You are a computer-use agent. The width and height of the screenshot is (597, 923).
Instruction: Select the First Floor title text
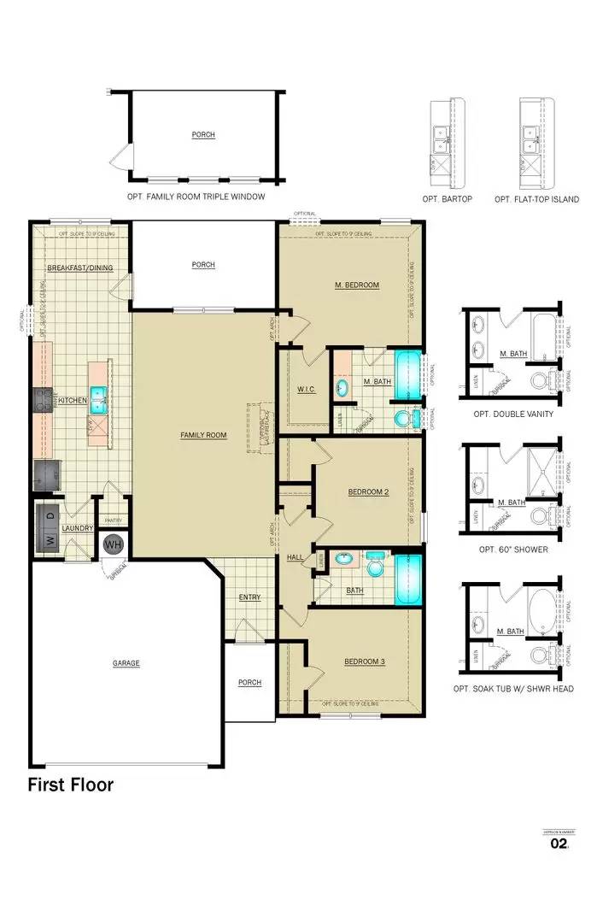pos(70,785)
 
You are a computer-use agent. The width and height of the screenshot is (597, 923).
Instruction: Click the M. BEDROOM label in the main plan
pos(356,285)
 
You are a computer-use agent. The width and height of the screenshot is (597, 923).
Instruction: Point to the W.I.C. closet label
pos(307,389)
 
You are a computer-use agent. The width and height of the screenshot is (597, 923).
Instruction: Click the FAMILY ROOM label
pos(203,435)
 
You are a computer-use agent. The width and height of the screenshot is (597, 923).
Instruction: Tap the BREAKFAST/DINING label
pos(80,267)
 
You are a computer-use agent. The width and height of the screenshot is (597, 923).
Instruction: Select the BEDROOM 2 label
pos(368,491)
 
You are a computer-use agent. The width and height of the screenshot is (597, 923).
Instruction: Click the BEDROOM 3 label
pos(366,661)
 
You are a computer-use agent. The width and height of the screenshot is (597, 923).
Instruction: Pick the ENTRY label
pos(249,597)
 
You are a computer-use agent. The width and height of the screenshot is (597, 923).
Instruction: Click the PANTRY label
pos(113,520)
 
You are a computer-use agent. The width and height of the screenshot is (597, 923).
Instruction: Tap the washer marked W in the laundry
pos(50,540)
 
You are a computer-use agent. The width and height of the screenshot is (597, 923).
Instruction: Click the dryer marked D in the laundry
pos(50,516)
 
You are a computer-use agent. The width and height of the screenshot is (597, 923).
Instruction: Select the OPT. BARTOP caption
pos(447,199)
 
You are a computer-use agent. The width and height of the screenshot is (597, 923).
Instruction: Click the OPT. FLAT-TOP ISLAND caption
pos(536,199)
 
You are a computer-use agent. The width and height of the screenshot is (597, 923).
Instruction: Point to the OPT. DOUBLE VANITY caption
pos(512,414)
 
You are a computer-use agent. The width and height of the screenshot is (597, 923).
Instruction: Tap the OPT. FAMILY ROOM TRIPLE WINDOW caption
pos(196,197)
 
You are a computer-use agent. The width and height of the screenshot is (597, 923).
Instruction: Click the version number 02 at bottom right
pos(559,844)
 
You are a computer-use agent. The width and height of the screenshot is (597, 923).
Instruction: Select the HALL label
pos(296,557)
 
